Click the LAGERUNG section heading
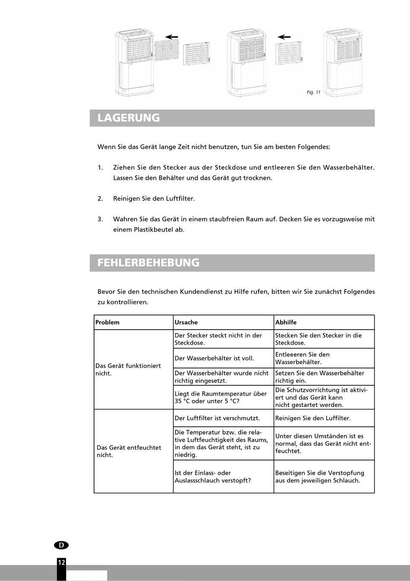(129, 118)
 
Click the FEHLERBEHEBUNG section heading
(148, 263)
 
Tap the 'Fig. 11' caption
(313, 92)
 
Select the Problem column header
(107, 322)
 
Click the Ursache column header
(186, 322)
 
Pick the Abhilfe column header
(286, 322)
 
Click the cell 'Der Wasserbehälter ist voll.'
(214, 358)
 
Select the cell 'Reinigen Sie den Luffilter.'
(313, 418)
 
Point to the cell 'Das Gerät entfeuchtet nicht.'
(129, 451)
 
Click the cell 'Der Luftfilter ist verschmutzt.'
(217, 418)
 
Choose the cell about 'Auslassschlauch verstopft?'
(213, 476)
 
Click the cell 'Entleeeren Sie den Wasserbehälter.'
(302, 358)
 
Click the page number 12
(61, 562)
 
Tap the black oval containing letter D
(61, 545)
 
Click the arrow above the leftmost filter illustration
(172, 37)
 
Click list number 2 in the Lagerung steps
(100, 199)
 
